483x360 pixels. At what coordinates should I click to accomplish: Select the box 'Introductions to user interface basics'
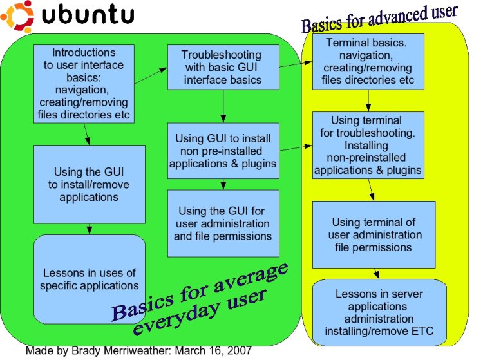pos(84,84)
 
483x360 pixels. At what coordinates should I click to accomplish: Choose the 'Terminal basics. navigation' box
pos(368,62)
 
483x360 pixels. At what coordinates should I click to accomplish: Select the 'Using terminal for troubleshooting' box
pos(368,146)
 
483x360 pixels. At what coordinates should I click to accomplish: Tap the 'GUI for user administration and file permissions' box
pos(223,223)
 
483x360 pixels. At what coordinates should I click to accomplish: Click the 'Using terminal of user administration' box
pos(374,234)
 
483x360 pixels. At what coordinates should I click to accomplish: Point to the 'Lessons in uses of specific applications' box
pos(89,279)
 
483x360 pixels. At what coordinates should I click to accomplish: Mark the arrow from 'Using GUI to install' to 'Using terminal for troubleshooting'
pos(296,149)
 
